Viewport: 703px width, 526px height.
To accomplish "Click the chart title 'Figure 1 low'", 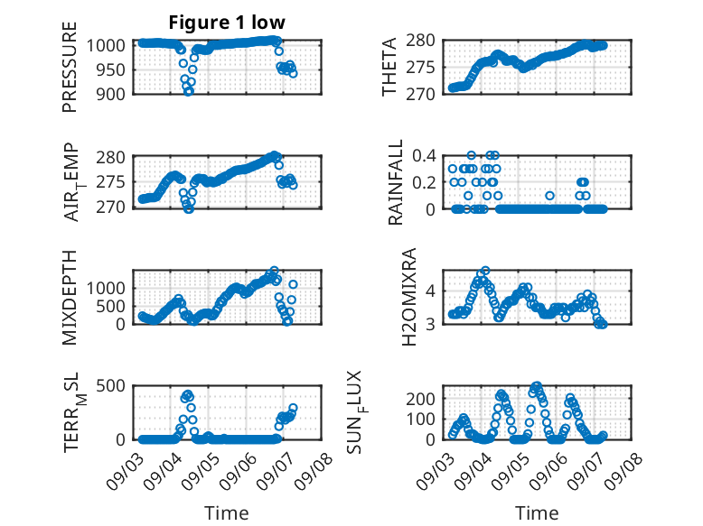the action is coord(227,23).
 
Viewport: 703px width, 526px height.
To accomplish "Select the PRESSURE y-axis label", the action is coord(70,67).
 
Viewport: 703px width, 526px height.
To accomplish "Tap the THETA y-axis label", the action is coord(389,67).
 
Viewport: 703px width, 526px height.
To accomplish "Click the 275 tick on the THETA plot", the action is coord(420,68).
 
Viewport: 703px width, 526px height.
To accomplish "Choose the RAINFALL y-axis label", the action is coord(396,182).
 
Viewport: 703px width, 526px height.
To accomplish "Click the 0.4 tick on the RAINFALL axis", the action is coord(424,156).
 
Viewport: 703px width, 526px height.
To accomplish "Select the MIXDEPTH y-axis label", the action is coord(70,298).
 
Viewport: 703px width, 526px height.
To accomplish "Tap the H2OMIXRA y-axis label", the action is coord(409,297).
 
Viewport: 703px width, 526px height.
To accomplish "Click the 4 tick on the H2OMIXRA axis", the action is coord(430,291).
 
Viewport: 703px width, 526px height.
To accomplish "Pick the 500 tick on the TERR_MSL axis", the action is coord(111,385).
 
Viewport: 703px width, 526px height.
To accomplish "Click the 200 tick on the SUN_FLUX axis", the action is coord(420,399).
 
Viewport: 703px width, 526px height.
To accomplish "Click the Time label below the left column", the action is coord(227,512).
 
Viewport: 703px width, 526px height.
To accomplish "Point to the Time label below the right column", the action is coord(537,512).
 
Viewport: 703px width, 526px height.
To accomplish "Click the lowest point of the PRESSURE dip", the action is coord(189,92).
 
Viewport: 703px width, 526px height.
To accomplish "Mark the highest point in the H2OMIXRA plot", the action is coord(485,271).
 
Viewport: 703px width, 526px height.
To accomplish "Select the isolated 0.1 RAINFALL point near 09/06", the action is coord(549,196).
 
